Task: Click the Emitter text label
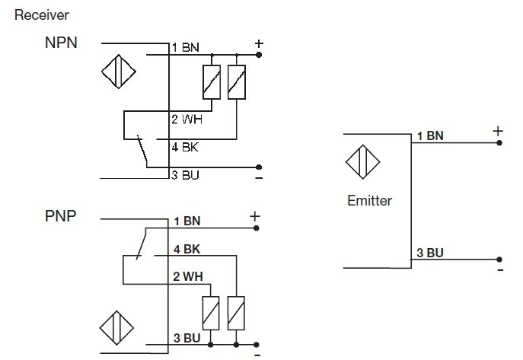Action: [369, 201]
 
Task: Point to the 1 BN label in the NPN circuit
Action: [185, 47]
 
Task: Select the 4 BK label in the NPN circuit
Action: [185, 146]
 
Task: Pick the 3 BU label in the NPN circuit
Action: [185, 175]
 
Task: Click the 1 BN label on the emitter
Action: [430, 136]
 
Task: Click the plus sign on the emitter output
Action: [499, 131]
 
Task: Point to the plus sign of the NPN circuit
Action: [259, 43]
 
